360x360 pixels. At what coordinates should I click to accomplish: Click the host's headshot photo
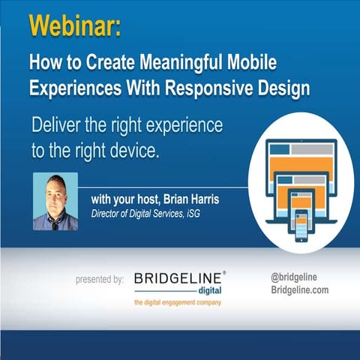coord(55,201)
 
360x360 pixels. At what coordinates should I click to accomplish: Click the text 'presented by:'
coord(100,279)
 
